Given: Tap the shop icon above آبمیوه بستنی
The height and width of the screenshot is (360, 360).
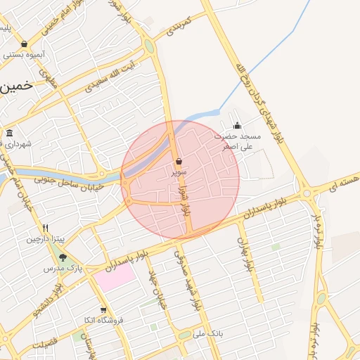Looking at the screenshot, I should coord(25,44).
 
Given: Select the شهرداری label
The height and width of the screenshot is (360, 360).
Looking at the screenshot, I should coord(21,143).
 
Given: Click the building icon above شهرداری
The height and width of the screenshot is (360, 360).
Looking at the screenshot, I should coord(9,133).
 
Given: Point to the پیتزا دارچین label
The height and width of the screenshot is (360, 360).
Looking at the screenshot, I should coord(46,239).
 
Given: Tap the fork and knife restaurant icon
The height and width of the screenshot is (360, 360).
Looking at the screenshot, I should coord(46,228).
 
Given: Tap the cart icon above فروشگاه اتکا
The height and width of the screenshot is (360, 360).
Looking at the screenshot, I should coord(103,309).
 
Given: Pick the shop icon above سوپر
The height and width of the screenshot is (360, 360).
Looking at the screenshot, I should coord(179,161).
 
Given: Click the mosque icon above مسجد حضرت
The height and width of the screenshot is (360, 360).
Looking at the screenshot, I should coord(237,126).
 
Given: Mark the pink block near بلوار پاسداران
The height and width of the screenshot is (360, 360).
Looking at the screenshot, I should coord(114,274).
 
